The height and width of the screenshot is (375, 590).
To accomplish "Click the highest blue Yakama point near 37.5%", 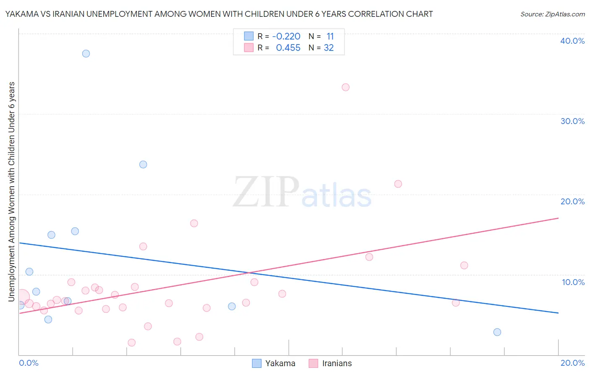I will [x=86, y=53].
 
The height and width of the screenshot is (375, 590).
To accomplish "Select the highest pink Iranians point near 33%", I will [x=345, y=87].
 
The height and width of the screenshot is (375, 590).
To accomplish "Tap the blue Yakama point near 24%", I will [x=143, y=164].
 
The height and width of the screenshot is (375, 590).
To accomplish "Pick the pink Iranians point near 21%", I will [x=398, y=184].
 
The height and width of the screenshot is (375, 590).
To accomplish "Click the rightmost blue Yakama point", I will [x=497, y=332].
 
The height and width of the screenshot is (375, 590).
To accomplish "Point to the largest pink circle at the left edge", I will [x=22, y=297].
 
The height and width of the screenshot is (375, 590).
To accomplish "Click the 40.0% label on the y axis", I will [x=572, y=41].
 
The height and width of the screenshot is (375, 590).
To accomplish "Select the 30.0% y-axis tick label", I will [x=572, y=121].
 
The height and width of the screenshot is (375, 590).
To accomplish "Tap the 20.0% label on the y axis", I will [x=572, y=201].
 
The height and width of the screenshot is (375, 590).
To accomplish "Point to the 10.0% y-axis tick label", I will [x=573, y=282].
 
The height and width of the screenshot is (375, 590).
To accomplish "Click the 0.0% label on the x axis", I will [x=29, y=363].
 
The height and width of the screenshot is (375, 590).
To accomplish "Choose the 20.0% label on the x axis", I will [x=572, y=363].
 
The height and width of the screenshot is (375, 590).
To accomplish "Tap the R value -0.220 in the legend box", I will [x=286, y=37].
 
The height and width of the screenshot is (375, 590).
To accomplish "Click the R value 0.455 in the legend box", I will [x=288, y=48].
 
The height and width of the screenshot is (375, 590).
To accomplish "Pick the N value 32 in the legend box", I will [x=329, y=48].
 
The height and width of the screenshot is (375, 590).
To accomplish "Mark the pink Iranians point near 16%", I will [x=194, y=223].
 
